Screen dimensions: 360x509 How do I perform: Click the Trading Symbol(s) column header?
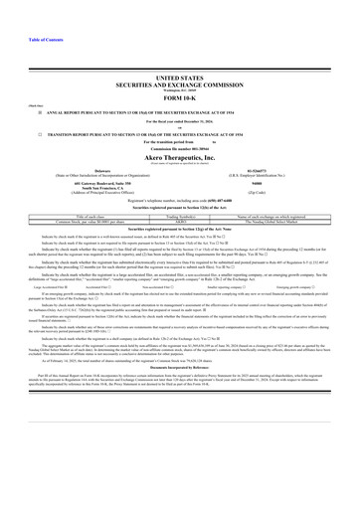pyautogui.click(x=180, y=214)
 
